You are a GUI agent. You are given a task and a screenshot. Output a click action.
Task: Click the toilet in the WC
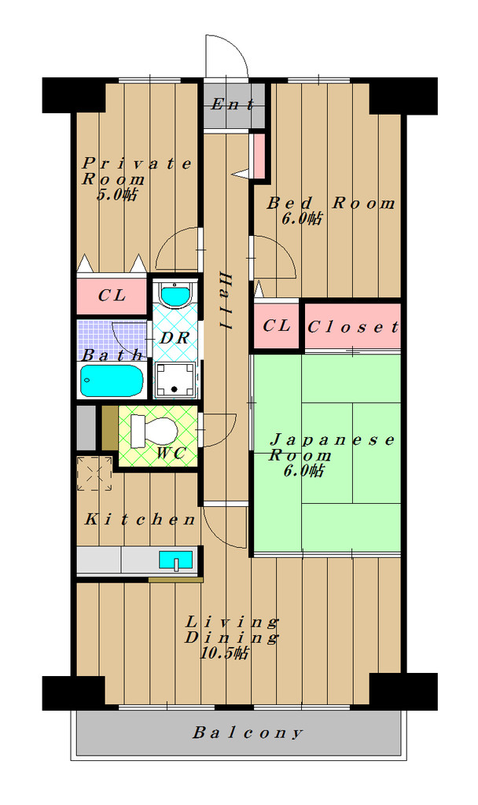[154, 432]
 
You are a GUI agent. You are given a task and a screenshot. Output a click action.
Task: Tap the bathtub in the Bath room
[112, 380]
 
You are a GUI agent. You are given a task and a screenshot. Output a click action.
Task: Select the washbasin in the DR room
[175, 295]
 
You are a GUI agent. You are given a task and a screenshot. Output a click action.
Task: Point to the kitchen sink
[175, 560]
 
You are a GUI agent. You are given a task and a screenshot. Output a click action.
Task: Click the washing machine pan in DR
[175, 380]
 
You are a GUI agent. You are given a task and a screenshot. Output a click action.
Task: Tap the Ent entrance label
[233, 105]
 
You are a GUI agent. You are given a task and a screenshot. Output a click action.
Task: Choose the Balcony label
[248, 733]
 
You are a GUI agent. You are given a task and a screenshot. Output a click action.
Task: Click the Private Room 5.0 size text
[118, 195]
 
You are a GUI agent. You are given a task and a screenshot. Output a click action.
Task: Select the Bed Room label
[331, 203]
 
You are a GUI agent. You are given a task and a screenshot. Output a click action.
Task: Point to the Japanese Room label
[332, 447]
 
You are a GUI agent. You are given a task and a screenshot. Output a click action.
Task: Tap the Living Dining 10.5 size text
[224, 653]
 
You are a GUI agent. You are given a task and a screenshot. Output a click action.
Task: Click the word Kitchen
[140, 520]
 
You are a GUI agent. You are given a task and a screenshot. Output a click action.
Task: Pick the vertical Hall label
[226, 301]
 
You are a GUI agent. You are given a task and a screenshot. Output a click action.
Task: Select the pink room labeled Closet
[352, 326]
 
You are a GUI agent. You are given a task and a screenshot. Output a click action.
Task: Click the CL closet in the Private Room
[112, 296]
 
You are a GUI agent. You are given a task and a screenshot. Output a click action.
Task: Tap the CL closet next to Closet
[276, 325]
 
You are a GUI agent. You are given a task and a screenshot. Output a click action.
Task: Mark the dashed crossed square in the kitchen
[94, 473]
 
